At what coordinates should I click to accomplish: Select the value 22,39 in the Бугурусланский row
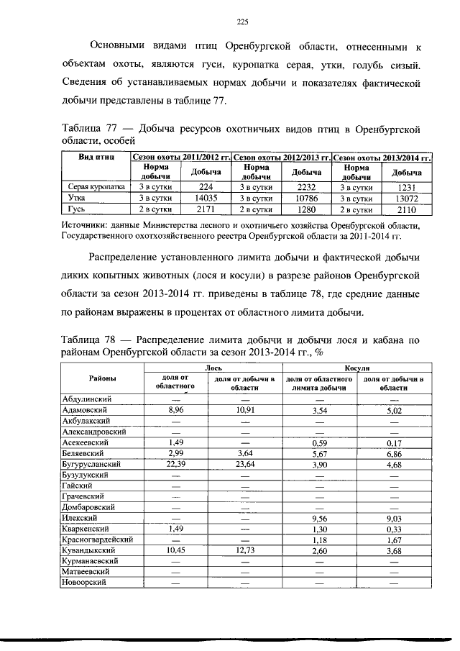coord(175,465)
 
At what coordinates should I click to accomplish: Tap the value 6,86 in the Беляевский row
coord(392,454)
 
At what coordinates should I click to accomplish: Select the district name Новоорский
coord(83,583)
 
